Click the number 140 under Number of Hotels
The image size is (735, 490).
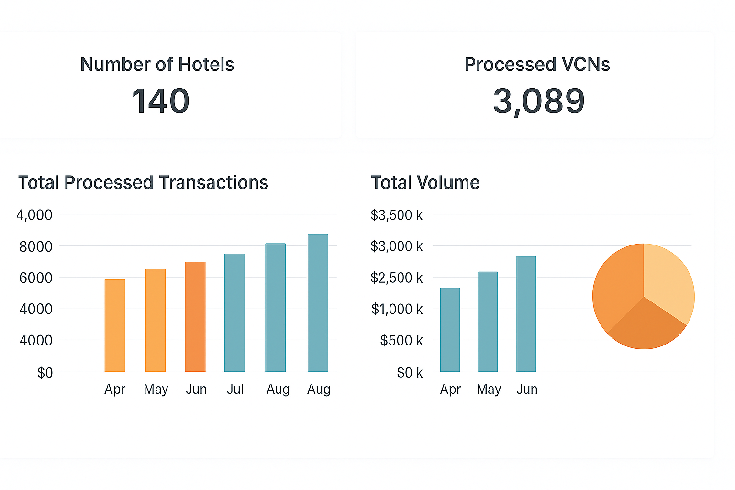point(161,101)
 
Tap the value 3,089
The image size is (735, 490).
point(539,101)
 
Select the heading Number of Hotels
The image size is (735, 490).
point(157,65)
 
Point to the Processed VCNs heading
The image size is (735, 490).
point(537,65)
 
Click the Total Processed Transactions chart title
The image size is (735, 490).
point(143,183)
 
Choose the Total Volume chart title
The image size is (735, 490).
point(425,183)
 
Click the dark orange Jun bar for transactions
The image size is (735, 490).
point(195,317)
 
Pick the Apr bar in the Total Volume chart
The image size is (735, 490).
point(450,330)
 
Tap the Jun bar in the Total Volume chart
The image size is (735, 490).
point(526,314)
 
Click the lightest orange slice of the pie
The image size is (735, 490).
point(668,282)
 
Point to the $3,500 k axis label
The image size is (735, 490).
point(397,215)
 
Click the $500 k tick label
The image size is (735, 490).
point(401,341)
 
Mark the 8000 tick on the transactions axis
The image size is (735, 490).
point(36,247)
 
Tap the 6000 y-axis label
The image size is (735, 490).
point(36,278)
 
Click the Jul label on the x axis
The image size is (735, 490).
point(235,390)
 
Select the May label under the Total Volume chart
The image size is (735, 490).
point(489,390)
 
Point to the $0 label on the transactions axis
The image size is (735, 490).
point(45,373)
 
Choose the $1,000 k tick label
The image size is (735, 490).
point(397,310)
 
